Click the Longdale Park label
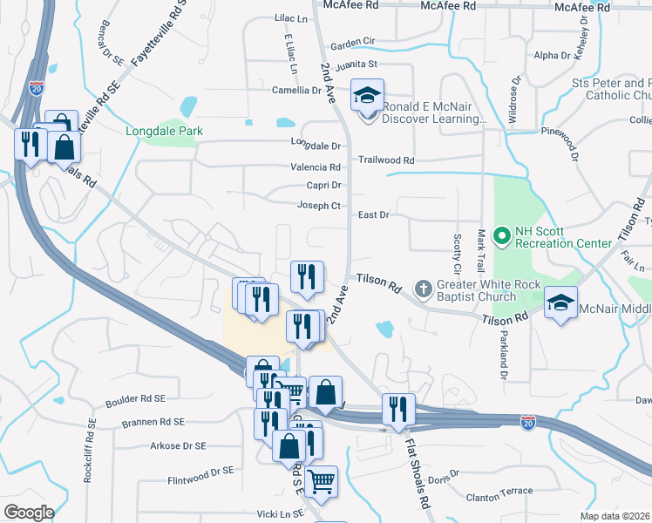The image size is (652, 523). point(164,131)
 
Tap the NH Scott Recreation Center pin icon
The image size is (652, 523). point(501,236)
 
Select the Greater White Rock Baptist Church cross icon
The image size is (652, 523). point(423,288)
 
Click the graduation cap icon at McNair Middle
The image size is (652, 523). point(561,302)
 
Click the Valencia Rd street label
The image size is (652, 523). point(316,167)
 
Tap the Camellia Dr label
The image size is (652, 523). point(296,90)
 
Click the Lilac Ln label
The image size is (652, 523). point(291,18)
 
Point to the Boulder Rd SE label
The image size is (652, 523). point(134,402)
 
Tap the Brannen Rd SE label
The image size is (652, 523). point(153,422)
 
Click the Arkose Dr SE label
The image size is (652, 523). point(178,445)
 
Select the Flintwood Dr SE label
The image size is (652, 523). point(200,472)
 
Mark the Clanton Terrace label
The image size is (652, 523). point(499,492)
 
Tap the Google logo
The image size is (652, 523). point(29,513)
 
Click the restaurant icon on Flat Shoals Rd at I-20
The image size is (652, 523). point(397,408)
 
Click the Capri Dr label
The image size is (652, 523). point(323,186)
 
